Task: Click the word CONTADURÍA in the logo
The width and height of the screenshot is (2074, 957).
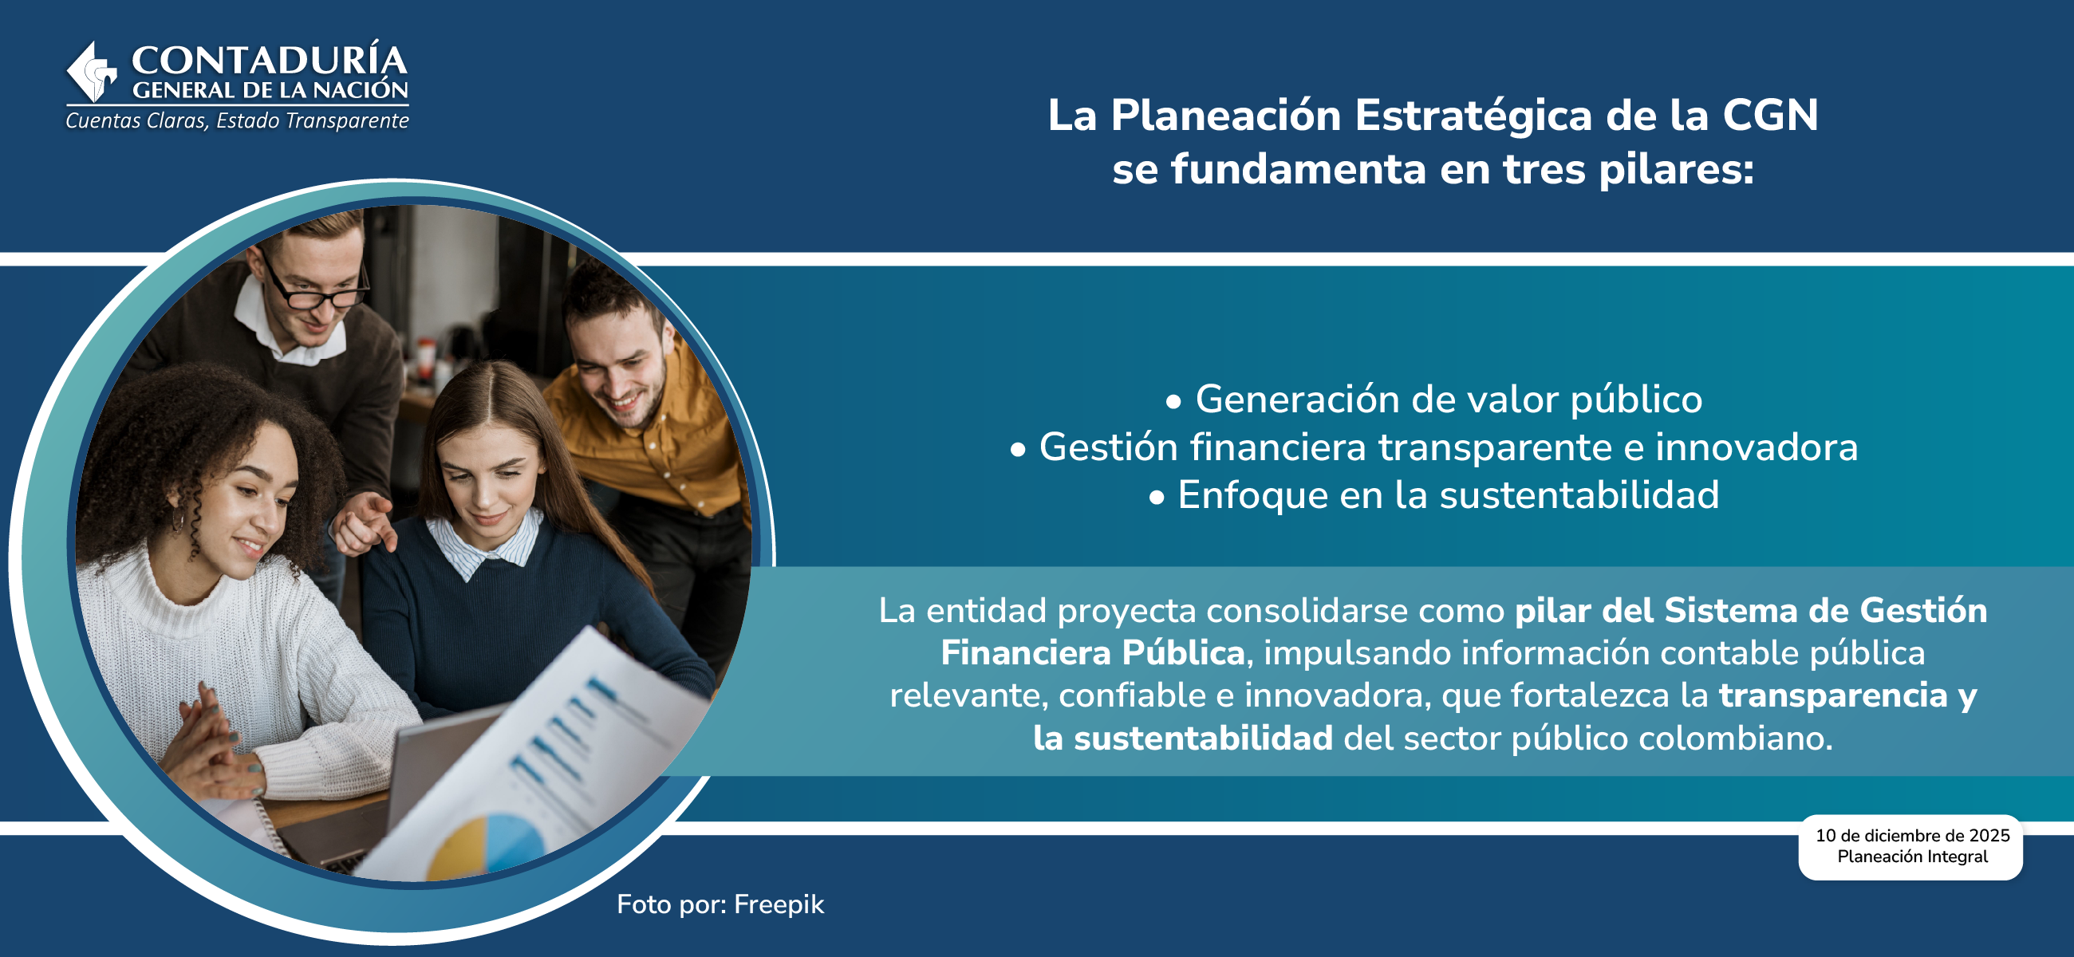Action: point(269,61)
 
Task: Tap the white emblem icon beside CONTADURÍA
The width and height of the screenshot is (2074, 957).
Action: point(92,73)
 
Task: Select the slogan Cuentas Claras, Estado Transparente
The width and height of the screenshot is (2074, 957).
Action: point(237,120)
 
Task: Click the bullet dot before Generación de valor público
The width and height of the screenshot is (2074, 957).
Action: point(1174,402)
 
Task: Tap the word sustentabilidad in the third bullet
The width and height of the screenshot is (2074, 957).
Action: point(1579,495)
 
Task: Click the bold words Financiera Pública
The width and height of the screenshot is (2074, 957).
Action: point(1093,653)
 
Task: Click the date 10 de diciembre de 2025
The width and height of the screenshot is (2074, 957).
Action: point(1912,836)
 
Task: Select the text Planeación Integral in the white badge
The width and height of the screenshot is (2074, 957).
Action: point(1912,857)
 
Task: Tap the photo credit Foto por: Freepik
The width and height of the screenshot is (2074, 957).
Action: point(720,904)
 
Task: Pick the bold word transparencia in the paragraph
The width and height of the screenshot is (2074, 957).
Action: point(1833,695)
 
